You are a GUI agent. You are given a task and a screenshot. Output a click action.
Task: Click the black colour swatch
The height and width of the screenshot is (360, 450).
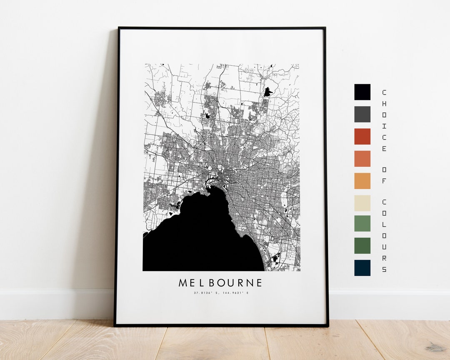[362, 92]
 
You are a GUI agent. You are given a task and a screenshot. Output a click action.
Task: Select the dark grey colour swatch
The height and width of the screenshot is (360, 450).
[362, 114]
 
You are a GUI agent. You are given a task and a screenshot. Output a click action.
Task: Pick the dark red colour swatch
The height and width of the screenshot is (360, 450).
[362, 136]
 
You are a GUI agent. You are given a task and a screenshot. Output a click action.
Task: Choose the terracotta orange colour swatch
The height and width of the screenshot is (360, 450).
[362, 158]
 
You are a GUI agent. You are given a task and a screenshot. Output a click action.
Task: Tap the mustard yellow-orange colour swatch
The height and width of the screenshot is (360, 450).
[362, 180]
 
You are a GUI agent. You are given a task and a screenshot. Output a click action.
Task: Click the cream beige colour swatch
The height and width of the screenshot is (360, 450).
[362, 202]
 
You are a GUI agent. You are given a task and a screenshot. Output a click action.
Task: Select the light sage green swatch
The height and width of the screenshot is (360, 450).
[362, 224]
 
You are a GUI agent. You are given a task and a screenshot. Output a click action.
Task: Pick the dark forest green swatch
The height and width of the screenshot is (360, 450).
[362, 246]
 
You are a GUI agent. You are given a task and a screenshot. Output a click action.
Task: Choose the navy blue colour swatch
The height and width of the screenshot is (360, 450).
[362, 268]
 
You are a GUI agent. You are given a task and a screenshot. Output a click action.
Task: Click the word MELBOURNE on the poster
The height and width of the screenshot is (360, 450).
[220, 283]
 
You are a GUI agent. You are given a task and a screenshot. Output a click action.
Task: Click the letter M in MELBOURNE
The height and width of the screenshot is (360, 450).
[183, 283]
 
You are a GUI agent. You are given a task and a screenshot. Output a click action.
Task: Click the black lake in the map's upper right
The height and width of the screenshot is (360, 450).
[267, 92]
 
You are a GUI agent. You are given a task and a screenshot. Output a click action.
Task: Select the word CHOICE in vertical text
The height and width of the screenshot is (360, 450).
[384, 120]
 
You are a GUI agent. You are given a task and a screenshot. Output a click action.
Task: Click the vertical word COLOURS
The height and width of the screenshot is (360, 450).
[384, 235]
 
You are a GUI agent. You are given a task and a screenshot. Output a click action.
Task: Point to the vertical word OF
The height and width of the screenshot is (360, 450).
[384, 175]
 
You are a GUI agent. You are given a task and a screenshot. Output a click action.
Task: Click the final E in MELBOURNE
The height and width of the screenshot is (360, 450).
[259, 283]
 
